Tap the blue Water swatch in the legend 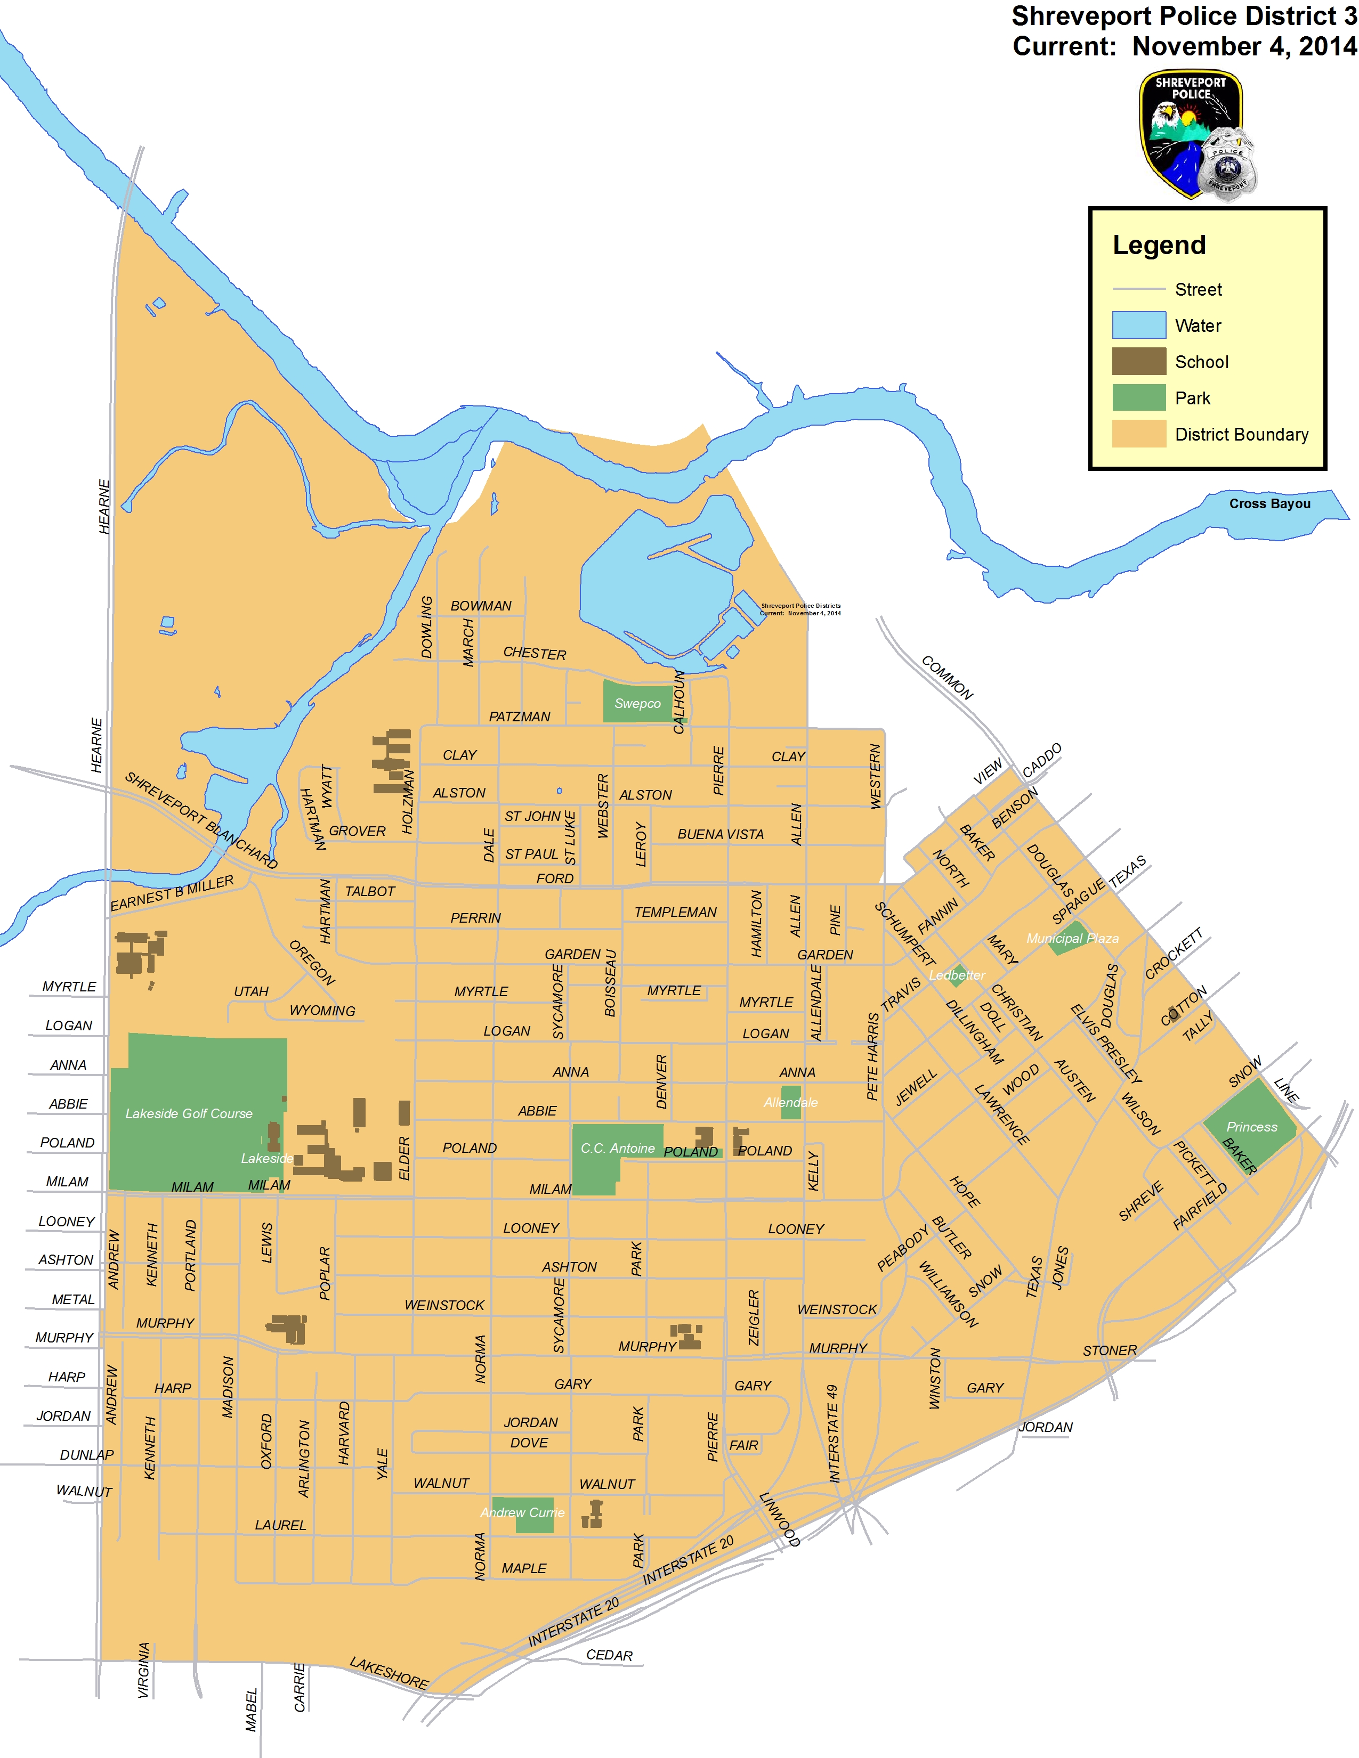tap(1138, 325)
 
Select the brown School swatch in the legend tap(1138, 361)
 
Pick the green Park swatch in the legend tap(1138, 397)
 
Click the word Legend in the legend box tap(1159, 245)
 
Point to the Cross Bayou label tap(1269, 504)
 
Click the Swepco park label tap(637, 704)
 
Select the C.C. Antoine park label tap(618, 1148)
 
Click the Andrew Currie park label tap(522, 1512)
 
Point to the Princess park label tap(1251, 1127)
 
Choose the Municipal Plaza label tap(1072, 939)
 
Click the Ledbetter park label tap(957, 975)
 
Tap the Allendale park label tap(790, 1102)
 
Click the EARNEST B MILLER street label tap(172, 893)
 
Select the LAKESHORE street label tap(389, 1673)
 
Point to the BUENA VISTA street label tap(721, 834)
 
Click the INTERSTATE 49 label tap(834, 1433)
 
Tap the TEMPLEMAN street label tap(675, 912)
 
